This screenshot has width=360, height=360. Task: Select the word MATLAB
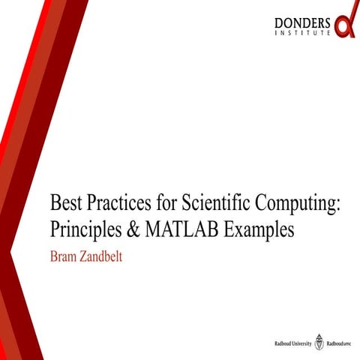(x=184, y=228)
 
